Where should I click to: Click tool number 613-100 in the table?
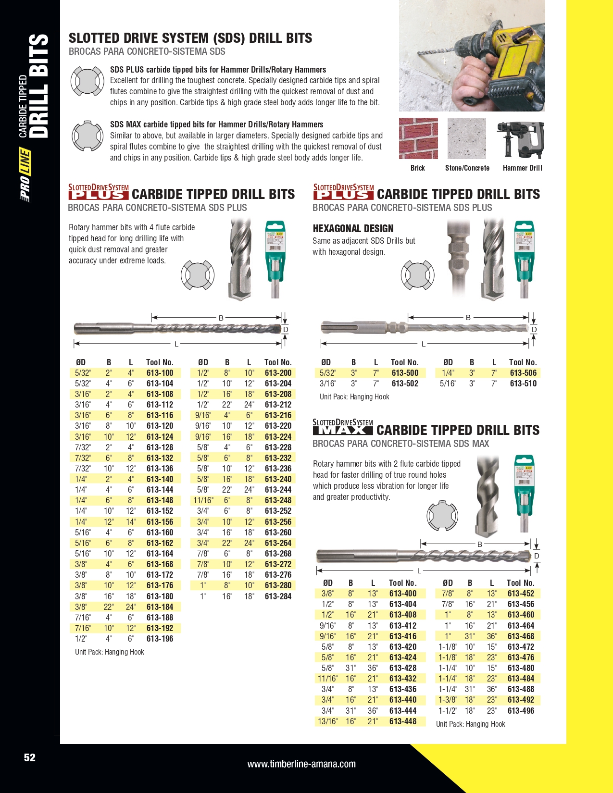click(x=160, y=373)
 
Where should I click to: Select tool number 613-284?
click(x=278, y=596)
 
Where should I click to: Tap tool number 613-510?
click(x=523, y=384)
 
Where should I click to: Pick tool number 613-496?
click(x=521, y=711)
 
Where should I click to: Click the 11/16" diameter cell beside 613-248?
click(x=203, y=500)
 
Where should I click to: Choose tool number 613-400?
click(x=403, y=594)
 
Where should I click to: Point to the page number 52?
click(x=30, y=757)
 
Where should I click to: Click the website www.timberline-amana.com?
click(x=301, y=764)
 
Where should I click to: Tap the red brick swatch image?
click(x=418, y=138)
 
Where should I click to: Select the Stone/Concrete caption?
click(x=467, y=168)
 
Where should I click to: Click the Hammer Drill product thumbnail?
click(x=521, y=139)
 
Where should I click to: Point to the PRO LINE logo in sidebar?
click(x=25, y=175)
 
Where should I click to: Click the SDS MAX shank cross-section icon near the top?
click(x=87, y=136)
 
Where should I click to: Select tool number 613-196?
click(x=160, y=639)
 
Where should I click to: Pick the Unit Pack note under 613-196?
click(x=109, y=652)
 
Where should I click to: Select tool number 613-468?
click(x=521, y=636)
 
